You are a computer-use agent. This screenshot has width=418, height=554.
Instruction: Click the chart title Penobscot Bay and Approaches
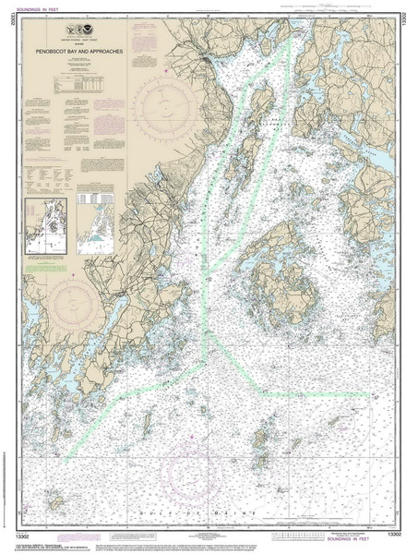coord(80,53)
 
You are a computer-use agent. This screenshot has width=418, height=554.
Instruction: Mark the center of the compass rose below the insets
coord(77,307)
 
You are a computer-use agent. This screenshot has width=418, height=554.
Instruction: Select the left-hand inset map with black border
coord(45,225)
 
